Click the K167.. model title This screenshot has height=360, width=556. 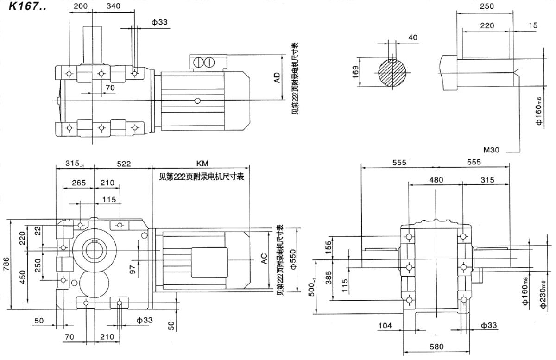pos(27,6)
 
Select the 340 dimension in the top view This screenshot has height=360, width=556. pos(114,6)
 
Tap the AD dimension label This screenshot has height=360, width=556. pos(277,78)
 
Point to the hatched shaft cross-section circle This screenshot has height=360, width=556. pos(392,73)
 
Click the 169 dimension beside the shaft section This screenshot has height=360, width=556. pos(356,72)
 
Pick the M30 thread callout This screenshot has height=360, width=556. pos(491,150)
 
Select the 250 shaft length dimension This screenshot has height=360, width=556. pos(487,6)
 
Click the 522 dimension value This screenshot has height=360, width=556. pos(124,164)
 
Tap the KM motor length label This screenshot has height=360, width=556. pos(202,164)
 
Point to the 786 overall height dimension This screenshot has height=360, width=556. pos(6,264)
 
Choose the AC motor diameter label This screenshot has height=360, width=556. pos(264,259)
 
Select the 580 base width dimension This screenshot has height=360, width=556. pos(436,347)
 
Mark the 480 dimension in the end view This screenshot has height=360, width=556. pos(436,180)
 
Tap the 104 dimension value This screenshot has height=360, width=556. pos(385,326)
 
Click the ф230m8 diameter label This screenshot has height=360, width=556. pos(543,294)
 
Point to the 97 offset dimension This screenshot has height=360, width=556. pos(133,269)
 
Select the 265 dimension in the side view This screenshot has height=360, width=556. pos(79,183)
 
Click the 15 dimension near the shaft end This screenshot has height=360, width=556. pos(533,25)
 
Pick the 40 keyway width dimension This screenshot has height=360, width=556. pos(412,38)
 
